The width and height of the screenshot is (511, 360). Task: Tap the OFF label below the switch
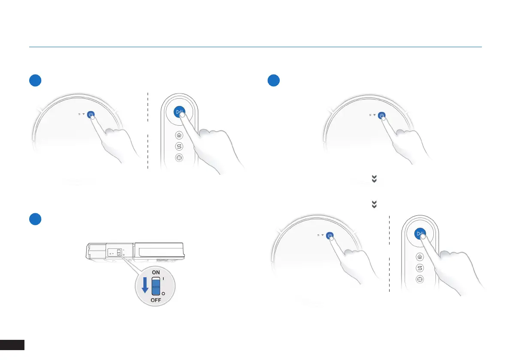tap(156, 300)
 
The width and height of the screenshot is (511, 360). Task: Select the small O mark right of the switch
tap(163, 293)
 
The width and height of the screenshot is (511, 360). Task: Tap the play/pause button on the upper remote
tap(180, 112)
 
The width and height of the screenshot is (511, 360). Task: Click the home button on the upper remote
tap(179, 135)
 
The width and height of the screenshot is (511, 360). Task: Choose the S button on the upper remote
tap(179, 146)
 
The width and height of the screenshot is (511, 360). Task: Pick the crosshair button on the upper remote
tap(179, 158)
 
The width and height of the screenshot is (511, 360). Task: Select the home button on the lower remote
tap(420, 257)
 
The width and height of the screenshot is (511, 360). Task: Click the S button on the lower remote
tap(420, 268)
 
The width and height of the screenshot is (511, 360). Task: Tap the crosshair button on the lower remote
tap(420, 279)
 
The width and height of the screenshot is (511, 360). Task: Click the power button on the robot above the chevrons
tap(381, 115)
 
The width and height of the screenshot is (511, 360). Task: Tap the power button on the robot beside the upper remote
tap(91, 115)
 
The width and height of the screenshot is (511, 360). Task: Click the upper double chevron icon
tap(374, 180)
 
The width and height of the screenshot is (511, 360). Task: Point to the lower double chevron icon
tap(374, 205)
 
